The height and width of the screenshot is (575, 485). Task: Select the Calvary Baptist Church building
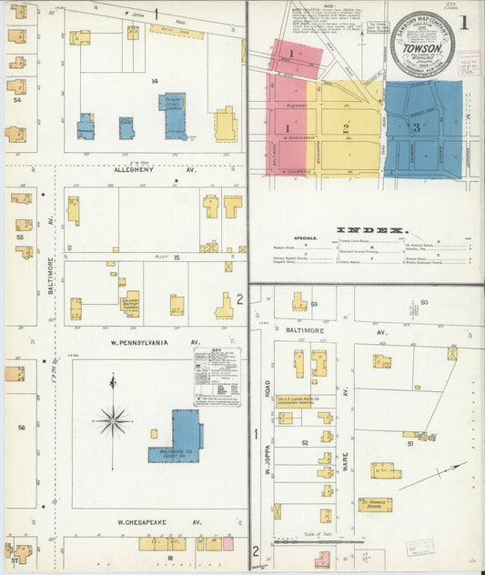[131, 302]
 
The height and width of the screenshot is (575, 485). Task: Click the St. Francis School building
[374, 503]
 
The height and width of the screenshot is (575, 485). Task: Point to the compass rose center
[113, 420]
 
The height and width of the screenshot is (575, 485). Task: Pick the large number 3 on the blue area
[416, 127]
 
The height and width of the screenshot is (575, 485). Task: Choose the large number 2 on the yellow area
[345, 128]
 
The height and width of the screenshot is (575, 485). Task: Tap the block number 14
[155, 82]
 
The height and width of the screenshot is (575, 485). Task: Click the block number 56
[20, 426]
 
